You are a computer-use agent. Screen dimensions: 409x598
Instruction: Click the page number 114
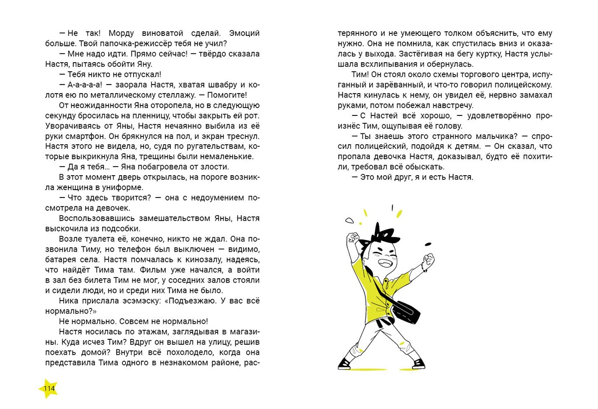[x=49, y=389]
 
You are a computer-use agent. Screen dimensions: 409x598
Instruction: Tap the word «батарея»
[x=64, y=260]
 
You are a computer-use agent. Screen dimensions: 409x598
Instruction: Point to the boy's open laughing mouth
[x=385, y=262]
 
